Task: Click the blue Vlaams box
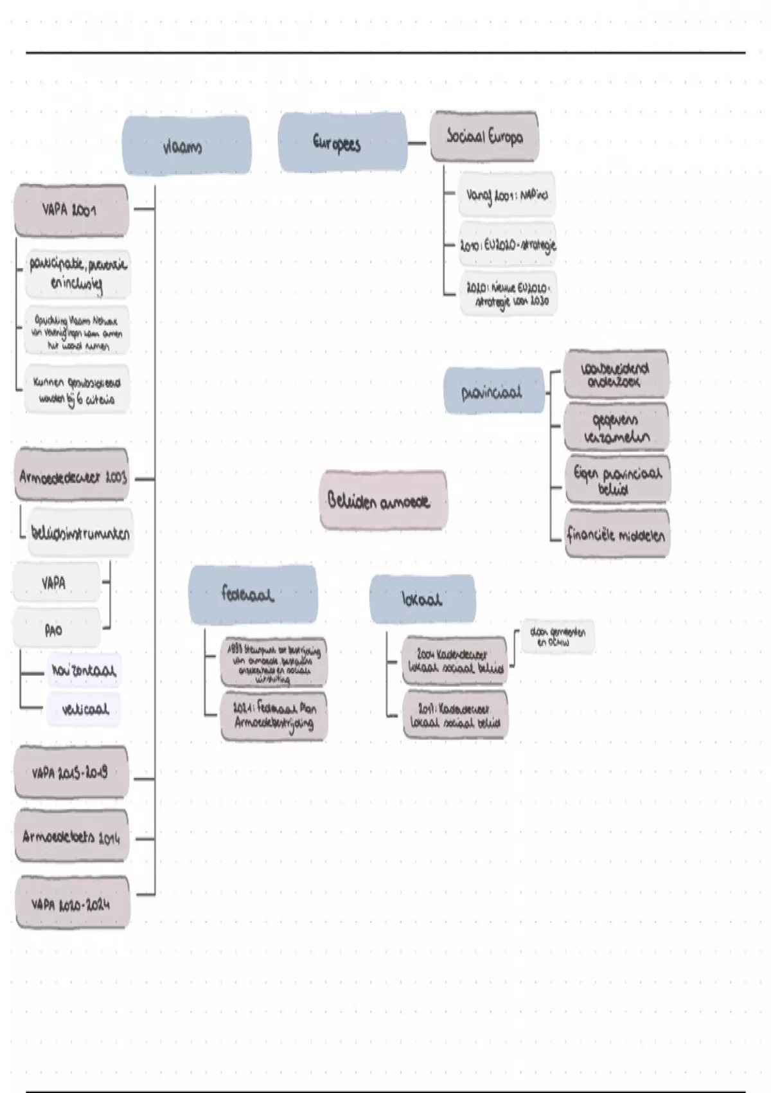coord(186,146)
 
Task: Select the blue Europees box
coord(342,142)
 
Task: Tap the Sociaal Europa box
coord(484,136)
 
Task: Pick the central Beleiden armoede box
coord(383,500)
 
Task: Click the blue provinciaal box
coord(493,391)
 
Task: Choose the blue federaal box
coord(253,594)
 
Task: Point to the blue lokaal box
coord(422,599)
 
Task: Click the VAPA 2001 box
coord(71,210)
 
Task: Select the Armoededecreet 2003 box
coord(72,477)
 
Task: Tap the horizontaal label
coord(84,671)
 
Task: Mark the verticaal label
coord(84,709)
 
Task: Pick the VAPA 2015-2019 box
coord(71,772)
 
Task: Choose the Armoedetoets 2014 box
coord(71,836)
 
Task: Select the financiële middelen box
coord(616,534)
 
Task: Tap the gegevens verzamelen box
coord(616,428)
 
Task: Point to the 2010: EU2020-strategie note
coord(508,245)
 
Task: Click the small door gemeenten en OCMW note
coord(558,637)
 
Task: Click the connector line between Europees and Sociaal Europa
coord(418,143)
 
